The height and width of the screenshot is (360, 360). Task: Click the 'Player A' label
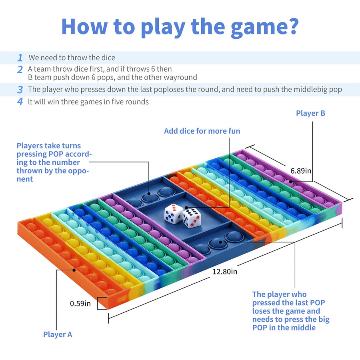(58, 334)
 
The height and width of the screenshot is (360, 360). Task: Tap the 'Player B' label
(310, 113)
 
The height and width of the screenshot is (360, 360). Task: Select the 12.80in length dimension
(225, 272)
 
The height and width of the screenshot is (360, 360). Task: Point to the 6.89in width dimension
(301, 171)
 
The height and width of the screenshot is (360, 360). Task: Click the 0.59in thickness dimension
(80, 304)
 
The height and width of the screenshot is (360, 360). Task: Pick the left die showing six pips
(174, 214)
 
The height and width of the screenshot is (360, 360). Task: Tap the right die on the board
(192, 218)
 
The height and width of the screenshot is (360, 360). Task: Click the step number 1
(20, 58)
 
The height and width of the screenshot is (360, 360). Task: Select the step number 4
(20, 101)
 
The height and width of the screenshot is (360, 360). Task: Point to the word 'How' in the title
(84, 26)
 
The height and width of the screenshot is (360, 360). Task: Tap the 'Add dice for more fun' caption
(202, 131)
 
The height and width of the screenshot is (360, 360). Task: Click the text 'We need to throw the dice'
(72, 58)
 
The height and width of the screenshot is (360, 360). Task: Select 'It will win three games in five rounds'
(88, 102)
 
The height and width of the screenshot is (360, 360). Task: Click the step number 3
(20, 90)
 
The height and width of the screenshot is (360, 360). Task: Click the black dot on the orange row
(74, 270)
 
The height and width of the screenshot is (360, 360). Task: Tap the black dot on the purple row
(291, 182)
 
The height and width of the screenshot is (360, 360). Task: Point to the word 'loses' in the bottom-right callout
(262, 311)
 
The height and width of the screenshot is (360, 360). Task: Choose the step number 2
(20, 70)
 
